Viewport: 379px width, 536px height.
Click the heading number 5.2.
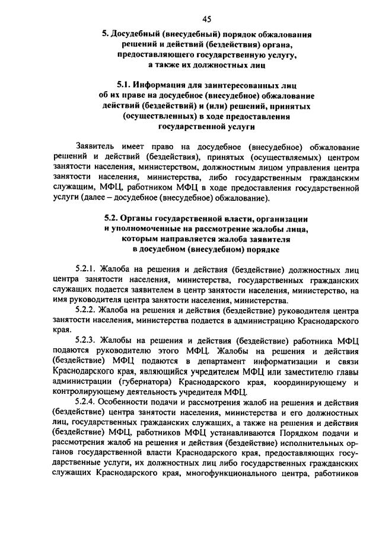click(x=113, y=217)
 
